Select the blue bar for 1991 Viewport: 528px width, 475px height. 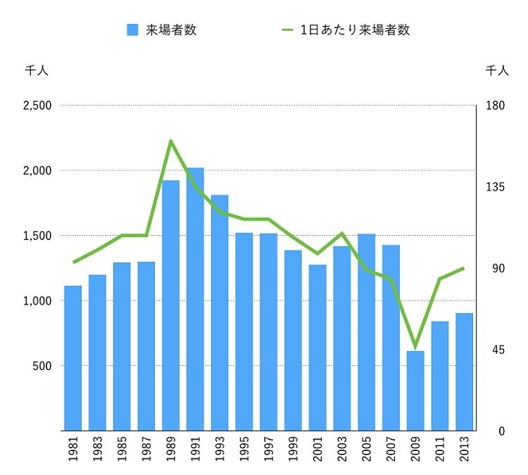(x=195, y=299)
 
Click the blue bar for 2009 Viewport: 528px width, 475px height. (x=415, y=391)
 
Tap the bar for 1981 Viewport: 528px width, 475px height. (x=73, y=358)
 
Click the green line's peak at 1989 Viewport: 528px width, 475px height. (x=171, y=141)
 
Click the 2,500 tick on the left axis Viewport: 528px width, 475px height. (x=37, y=106)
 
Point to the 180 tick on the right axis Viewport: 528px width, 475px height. (x=495, y=106)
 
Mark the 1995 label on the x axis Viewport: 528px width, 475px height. (x=244, y=450)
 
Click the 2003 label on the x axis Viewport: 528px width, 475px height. (x=342, y=450)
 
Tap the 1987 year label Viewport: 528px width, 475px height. (x=146, y=450)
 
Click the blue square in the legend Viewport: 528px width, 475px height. (x=132, y=30)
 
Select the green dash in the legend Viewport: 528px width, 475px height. (x=287, y=30)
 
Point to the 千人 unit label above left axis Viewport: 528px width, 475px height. (x=36, y=70)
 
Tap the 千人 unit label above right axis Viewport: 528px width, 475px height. (x=497, y=70)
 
